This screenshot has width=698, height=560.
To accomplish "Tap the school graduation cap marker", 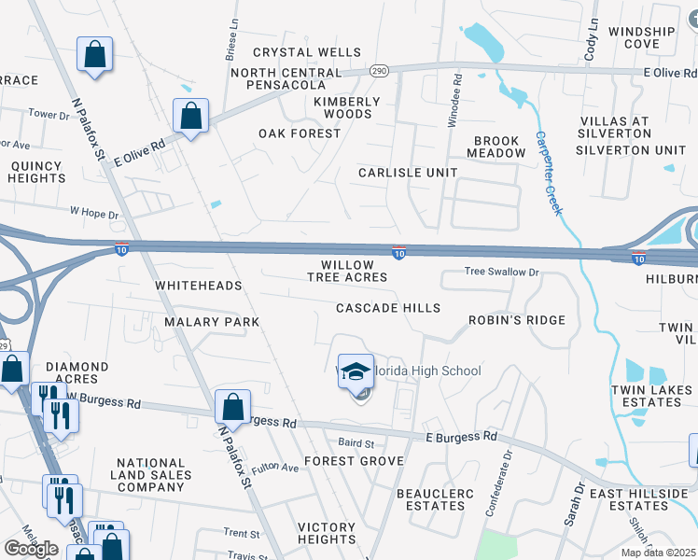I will (x=356, y=371).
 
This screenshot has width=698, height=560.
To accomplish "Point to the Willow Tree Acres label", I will (x=347, y=272).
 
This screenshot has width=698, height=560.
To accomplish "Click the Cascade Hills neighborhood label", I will (x=387, y=308).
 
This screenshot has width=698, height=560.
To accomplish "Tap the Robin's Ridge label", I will (x=517, y=320).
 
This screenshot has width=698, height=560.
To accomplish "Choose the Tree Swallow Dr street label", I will (x=503, y=272).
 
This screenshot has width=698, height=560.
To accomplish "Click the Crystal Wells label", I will (x=294, y=52).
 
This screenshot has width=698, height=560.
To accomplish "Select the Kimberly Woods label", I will (x=347, y=107).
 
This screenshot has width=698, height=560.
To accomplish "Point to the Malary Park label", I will (x=211, y=321).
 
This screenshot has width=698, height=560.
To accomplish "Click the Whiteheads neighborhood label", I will (x=198, y=285).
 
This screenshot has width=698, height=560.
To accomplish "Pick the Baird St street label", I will (x=356, y=443).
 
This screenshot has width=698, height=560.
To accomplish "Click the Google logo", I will (x=31, y=548).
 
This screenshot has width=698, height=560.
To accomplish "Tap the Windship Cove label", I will (x=641, y=37).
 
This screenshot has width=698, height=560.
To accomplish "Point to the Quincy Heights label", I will (x=37, y=172).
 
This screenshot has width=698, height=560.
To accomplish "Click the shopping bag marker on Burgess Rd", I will (x=232, y=407).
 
